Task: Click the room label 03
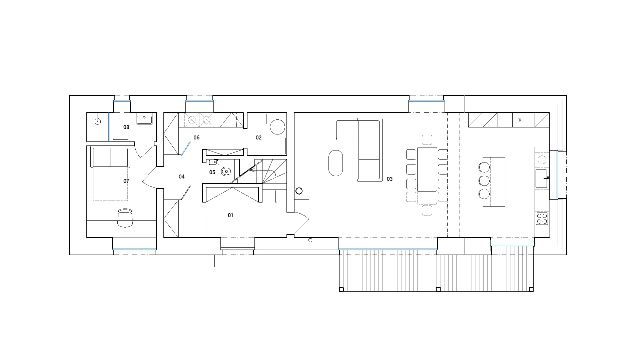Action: tap(390, 179)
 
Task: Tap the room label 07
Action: tap(126, 181)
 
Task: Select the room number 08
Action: tap(126, 127)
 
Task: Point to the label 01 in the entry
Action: tap(230, 216)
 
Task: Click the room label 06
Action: tap(196, 138)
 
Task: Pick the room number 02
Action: tap(258, 138)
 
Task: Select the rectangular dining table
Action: tap(427, 169)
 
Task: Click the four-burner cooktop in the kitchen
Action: tap(542, 219)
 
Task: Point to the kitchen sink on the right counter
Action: tap(542, 178)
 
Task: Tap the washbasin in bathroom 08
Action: tap(144, 119)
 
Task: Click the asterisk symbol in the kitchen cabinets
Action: tap(520, 120)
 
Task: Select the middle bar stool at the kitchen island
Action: tap(484, 181)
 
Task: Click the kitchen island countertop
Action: tap(494, 182)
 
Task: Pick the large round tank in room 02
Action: tap(277, 127)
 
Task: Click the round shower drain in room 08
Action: tap(98, 121)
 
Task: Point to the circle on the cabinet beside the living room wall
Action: tap(299, 191)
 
